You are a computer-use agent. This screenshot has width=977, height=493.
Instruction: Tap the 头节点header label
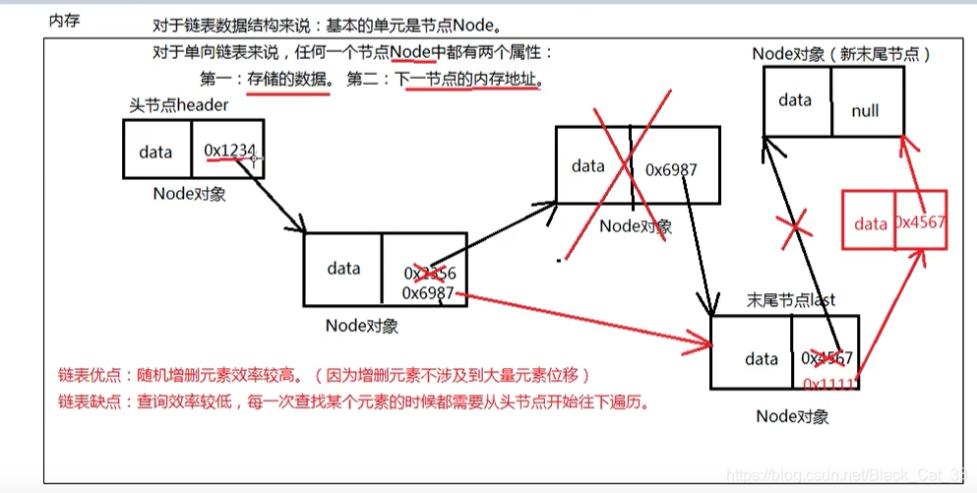(x=178, y=105)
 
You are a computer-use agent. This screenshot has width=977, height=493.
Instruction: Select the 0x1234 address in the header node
(x=229, y=150)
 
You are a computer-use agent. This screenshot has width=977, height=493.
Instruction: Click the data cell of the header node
(x=155, y=152)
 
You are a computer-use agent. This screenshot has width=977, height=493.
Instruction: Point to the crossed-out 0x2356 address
(x=429, y=273)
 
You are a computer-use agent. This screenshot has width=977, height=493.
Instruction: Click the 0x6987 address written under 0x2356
(x=428, y=293)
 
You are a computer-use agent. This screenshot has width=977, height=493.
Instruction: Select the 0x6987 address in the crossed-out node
(x=671, y=169)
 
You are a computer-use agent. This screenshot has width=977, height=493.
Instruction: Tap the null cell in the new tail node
(x=865, y=111)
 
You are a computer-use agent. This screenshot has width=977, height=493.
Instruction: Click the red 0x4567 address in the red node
(x=920, y=222)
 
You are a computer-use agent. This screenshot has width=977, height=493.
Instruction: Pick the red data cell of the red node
(x=870, y=223)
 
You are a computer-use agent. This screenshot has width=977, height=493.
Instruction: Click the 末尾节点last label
(x=791, y=300)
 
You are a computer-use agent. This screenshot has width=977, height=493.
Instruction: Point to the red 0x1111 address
(x=829, y=382)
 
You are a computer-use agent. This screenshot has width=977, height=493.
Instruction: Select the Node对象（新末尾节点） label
(x=840, y=54)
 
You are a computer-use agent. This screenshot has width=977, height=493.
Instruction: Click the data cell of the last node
(x=761, y=359)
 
